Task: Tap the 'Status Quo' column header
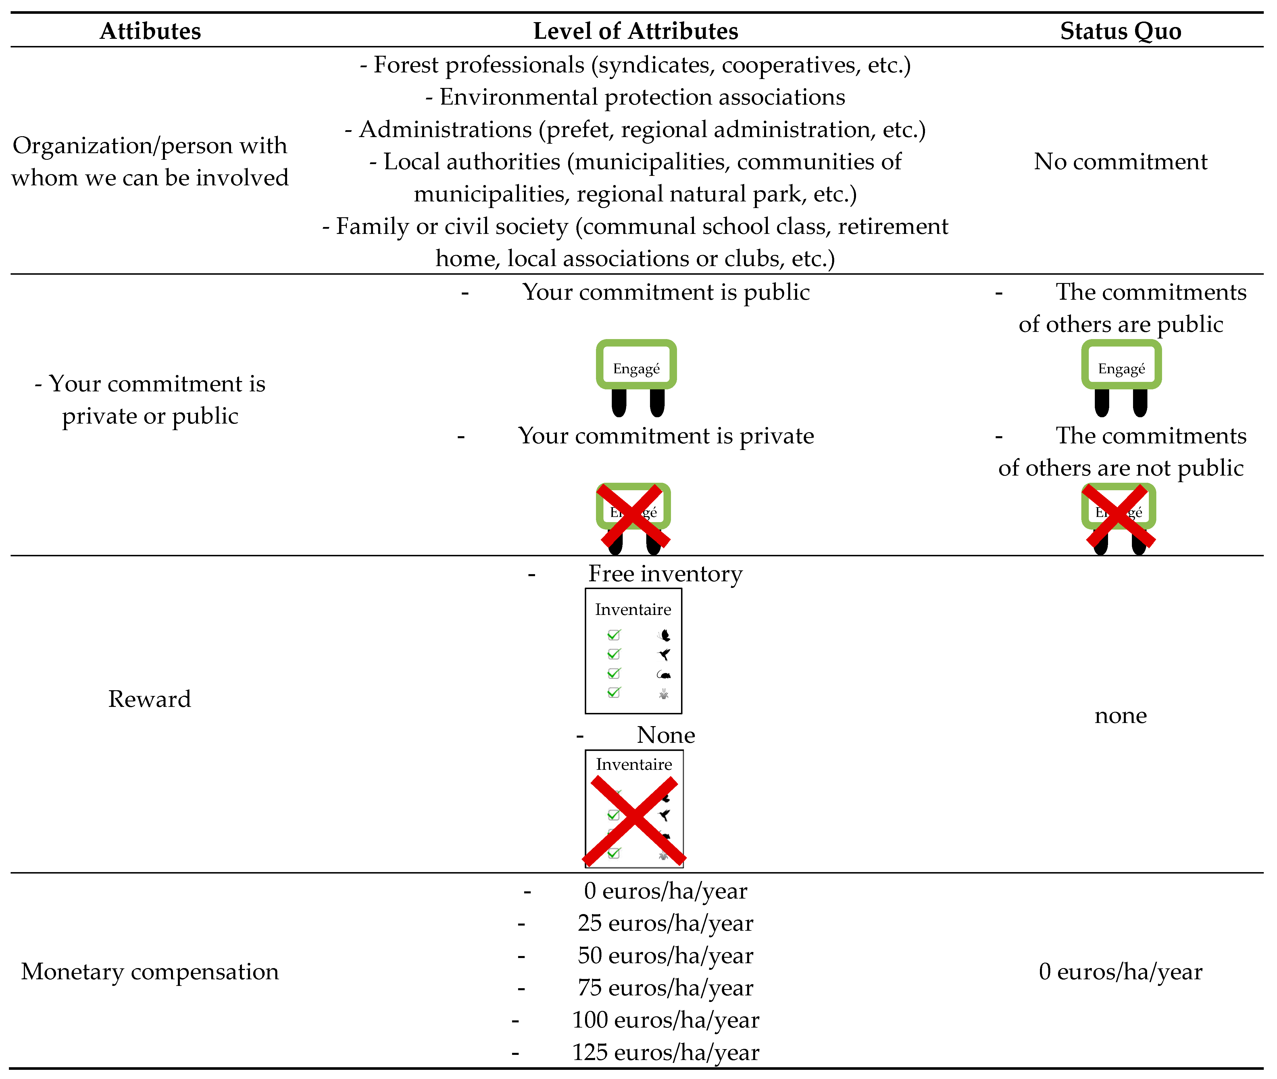click(1120, 30)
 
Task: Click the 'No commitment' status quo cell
click(1120, 161)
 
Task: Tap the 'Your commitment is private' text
click(666, 436)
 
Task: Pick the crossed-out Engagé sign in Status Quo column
click(1118, 517)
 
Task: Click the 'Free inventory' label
click(666, 574)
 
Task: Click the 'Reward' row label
click(150, 699)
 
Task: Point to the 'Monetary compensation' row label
click(150, 971)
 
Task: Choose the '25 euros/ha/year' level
click(666, 923)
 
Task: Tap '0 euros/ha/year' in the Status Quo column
click(1120, 971)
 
